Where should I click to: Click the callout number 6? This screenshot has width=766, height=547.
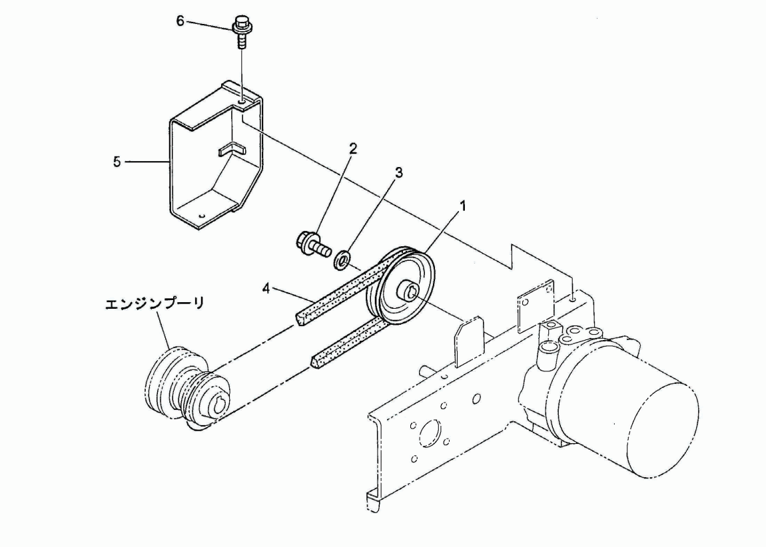[x=181, y=21]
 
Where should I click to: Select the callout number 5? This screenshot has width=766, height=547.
[x=117, y=162]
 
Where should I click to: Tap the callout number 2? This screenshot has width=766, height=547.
[x=353, y=148]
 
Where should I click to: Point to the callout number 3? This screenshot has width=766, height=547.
[x=399, y=172]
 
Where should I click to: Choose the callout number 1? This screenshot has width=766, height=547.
[x=463, y=206]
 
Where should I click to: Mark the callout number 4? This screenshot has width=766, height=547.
[x=266, y=288]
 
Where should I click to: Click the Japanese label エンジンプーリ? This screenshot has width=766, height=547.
[x=155, y=303]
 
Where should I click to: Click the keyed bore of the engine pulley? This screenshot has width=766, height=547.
[x=217, y=405]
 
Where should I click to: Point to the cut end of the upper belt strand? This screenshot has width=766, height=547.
[x=301, y=319]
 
